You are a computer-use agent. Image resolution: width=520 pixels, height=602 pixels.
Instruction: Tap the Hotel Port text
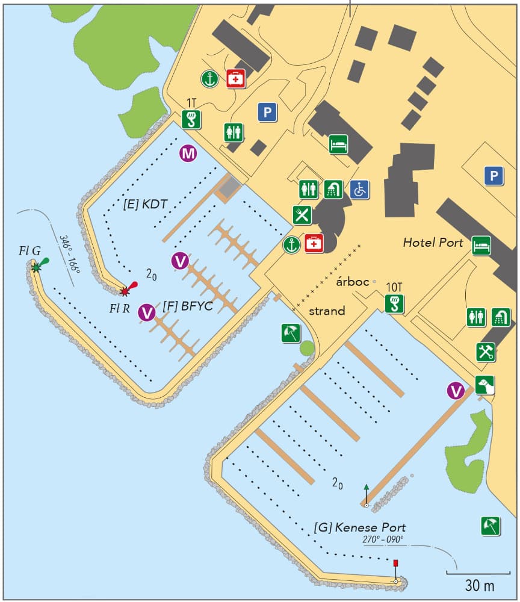[433, 243]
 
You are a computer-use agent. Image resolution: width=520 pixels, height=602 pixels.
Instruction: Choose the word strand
[327, 311]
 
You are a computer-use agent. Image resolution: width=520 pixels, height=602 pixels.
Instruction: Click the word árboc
[351, 282]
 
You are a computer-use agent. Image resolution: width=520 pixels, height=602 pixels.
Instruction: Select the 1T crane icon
[190, 120]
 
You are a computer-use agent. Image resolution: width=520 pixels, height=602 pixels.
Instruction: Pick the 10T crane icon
[394, 303]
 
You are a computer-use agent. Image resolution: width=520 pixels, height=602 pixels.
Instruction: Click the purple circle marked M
[188, 154]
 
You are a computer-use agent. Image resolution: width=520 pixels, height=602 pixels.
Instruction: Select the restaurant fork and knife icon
[302, 214]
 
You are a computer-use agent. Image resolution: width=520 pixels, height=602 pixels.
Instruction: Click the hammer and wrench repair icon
[486, 352]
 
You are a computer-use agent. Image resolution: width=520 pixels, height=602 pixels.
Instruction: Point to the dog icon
[484, 385]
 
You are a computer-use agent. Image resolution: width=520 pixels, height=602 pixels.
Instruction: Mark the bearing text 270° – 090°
[383, 539]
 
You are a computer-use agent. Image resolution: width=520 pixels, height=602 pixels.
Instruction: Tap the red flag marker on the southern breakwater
[395, 563]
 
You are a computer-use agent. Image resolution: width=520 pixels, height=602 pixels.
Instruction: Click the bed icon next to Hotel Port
[481, 246]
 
